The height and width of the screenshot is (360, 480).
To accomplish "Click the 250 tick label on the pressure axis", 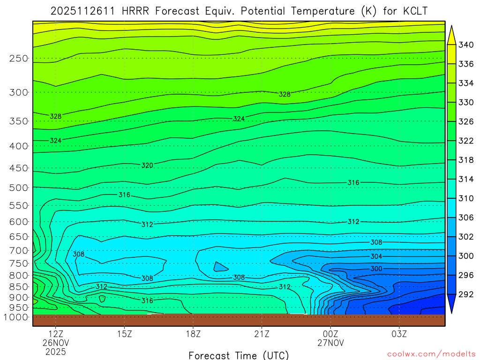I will point(18,58).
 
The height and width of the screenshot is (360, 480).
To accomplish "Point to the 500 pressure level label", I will point(18,187).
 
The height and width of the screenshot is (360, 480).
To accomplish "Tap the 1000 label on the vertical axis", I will point(16,317).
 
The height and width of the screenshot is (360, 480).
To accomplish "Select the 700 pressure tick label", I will point(18,250).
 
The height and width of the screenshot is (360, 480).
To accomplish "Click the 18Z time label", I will point(193,335).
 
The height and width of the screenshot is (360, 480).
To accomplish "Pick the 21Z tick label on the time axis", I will point(262,335).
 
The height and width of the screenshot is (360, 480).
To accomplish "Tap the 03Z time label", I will point(399,335).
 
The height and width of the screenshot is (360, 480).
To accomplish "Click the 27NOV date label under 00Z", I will point(330,343).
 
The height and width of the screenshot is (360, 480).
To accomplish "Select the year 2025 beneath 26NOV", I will point(56,352).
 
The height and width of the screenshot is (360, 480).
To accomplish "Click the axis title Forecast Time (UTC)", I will point(239,355).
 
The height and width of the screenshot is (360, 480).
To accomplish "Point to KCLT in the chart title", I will point(414,11).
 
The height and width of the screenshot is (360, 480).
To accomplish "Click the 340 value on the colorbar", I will point(466,45).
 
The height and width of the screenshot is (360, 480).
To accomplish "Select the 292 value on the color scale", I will point(466,294).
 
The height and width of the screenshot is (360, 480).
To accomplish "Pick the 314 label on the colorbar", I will point(466,179).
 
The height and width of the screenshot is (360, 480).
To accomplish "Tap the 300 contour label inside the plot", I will point(376,269).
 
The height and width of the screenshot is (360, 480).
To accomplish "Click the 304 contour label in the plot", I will point(376,256).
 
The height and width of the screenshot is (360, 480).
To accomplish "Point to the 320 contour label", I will point(147,165).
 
